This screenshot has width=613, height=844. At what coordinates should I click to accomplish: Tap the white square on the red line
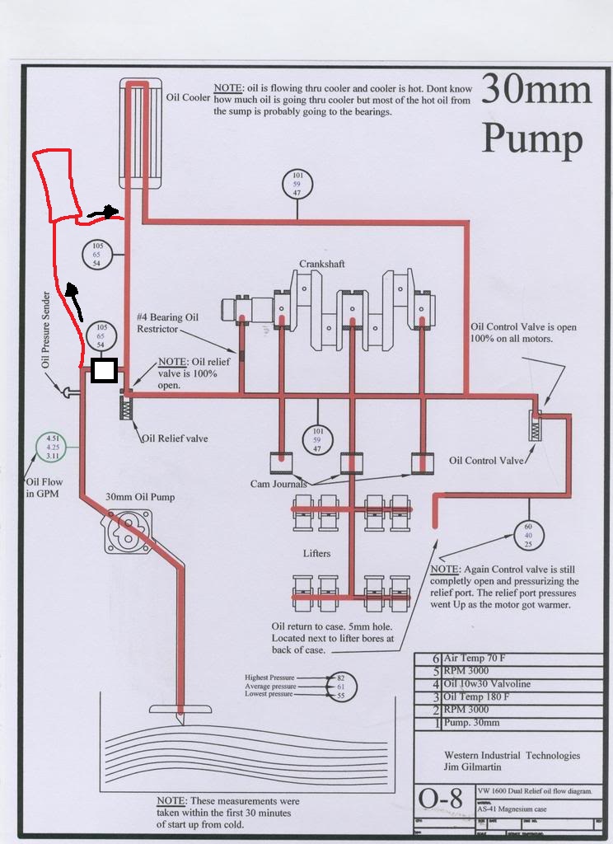click(x=103, y=371)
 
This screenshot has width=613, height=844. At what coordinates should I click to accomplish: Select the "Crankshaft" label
click(x=321, y=264)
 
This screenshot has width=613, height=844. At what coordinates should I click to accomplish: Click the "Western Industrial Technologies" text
click(x=512, y=755)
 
